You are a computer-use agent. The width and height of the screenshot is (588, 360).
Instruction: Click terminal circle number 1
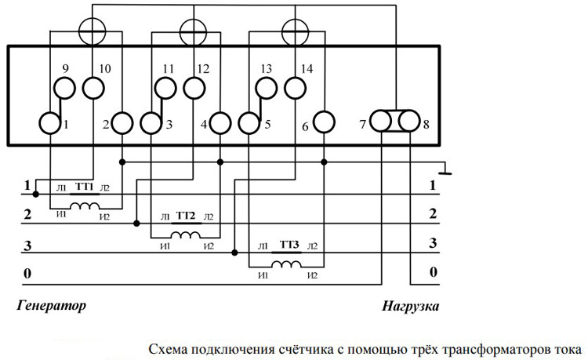(50, 123)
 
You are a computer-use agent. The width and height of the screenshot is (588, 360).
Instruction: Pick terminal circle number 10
(93, 87)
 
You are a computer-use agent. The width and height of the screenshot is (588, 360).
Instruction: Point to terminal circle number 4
(220, 123)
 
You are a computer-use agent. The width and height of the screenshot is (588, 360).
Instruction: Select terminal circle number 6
(323, 123)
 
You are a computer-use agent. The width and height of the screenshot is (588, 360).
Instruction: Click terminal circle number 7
(381, 122)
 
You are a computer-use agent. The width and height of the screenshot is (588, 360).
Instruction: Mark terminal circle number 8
(408, 122)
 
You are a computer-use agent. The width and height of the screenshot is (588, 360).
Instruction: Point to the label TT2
(185, 216)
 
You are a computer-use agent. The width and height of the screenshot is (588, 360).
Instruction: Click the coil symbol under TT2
(185, 235)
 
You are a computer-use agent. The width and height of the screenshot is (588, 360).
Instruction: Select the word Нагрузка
(411, 305)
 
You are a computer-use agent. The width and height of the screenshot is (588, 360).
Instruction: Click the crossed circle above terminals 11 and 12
(191, 32)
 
